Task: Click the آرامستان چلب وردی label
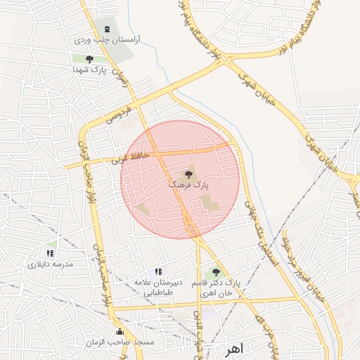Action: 110,40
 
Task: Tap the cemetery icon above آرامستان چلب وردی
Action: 107,29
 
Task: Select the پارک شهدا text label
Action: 89,71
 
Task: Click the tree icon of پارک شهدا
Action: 89,59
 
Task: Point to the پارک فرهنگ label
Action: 189,184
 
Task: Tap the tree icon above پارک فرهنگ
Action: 188,173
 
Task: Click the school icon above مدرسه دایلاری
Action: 50,252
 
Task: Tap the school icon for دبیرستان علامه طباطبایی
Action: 157,271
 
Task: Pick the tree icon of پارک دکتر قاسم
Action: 215,272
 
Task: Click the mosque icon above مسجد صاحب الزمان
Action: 119,331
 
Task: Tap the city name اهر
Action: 235,349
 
